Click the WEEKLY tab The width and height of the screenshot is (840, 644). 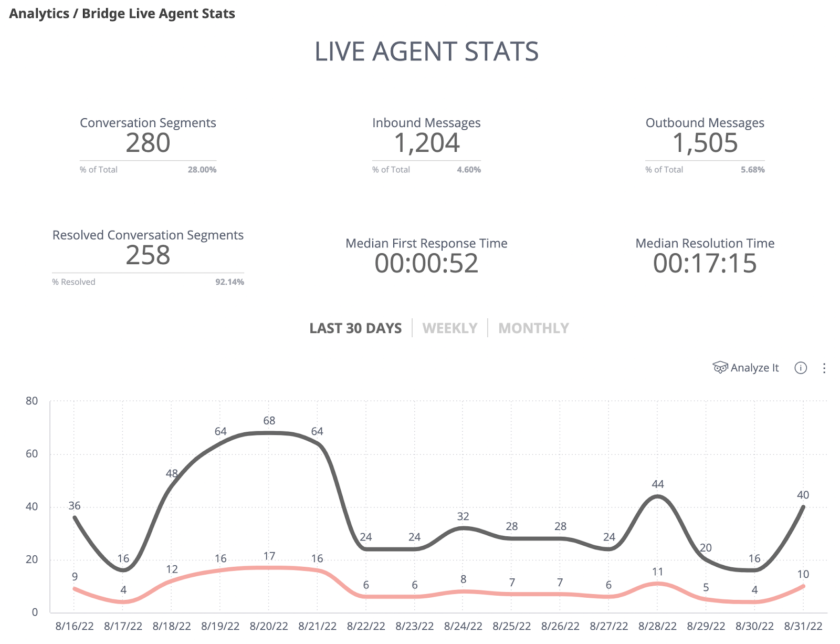[450, 328]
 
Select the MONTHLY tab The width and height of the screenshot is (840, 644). [533, 328]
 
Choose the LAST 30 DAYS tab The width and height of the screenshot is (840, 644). [355, 328]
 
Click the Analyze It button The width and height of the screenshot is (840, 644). [746, 368]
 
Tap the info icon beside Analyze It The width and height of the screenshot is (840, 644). [801, 368]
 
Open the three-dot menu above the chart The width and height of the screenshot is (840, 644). [824, 368]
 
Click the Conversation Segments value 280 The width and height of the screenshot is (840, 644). [148, 143]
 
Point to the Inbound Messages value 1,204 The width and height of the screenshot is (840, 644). [427, 143]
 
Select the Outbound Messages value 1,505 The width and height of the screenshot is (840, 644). [705, 143]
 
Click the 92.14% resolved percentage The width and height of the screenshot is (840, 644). [229, 282]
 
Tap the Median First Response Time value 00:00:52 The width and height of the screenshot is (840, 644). [426, 263]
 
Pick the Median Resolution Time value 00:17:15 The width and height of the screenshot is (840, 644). [705, 263]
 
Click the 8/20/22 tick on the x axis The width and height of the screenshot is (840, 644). [269, 626]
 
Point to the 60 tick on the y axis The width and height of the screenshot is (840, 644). [32, 454]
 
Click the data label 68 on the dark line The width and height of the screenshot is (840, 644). [269, 421]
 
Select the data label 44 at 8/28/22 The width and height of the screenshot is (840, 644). [658, 484]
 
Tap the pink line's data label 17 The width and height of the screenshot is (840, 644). [269, 556]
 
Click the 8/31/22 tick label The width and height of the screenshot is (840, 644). [803, 626]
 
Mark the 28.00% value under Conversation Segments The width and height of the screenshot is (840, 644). [202, 170]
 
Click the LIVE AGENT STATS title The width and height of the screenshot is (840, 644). [426, 51]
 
